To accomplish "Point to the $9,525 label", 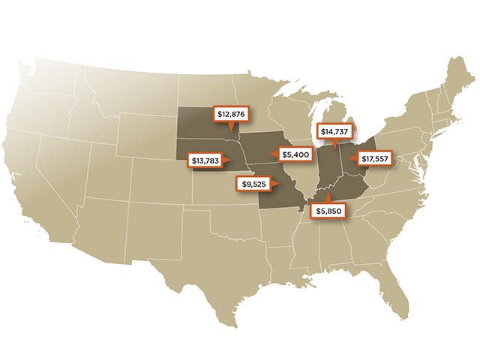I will point(254,182).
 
